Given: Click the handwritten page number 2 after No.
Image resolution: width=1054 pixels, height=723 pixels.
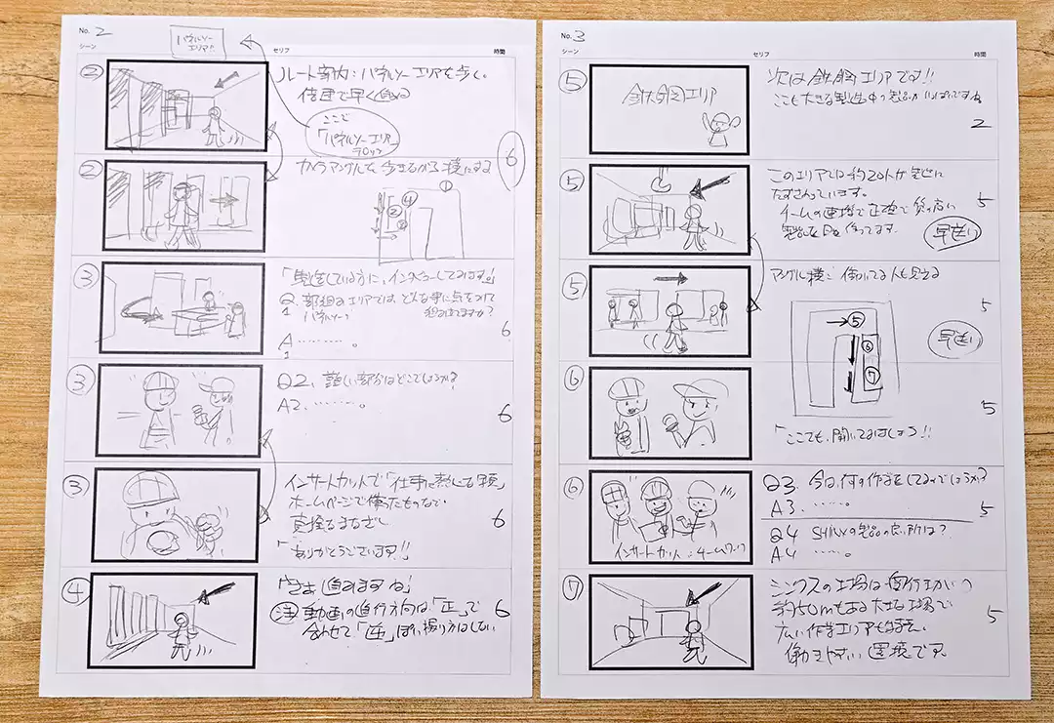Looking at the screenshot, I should pos(102,31).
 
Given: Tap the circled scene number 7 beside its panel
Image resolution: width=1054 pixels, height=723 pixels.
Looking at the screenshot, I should pos(571,591).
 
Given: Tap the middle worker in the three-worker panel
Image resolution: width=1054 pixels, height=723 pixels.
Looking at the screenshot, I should pos(651,508).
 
